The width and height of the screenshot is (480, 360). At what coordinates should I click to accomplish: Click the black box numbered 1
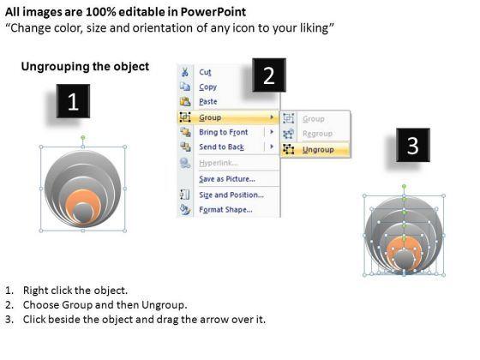tap(73, 101)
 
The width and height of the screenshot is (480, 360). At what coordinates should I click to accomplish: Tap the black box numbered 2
tap(269, 75)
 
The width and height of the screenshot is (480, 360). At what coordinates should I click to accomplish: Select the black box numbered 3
tap(413, 145)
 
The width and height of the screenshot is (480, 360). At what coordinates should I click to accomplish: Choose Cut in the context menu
tap(205, 72)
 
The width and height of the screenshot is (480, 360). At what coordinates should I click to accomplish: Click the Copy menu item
tap(207, 87)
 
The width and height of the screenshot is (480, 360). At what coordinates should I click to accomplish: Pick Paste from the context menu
tap(208, 102)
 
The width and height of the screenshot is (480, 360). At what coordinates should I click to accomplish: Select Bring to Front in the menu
tap(224, 132)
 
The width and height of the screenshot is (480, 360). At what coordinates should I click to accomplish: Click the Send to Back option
tap(222, 147)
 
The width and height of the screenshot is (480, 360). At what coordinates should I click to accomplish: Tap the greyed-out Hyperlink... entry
tap(219, 163)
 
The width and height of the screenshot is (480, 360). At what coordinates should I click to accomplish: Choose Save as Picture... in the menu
tap(227, 179)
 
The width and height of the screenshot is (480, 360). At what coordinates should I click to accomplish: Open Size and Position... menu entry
tap(231, 195)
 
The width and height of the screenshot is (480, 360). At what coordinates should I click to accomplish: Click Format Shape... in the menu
tap(226, 210)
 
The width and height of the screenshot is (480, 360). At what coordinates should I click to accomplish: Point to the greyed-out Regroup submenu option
tap(317, 134)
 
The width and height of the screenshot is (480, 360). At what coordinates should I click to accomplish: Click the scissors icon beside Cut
tap(185, 72)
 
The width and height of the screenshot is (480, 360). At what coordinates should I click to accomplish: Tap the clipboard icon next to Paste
tap(185, 101)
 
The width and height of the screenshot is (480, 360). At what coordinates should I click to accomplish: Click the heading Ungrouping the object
tap(85, 67)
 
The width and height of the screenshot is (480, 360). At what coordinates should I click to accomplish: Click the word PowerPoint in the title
tap(213, 12)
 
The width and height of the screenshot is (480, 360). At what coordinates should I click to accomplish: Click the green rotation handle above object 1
tap(83, 138)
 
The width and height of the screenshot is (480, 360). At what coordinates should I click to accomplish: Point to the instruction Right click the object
tap(75, 291)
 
